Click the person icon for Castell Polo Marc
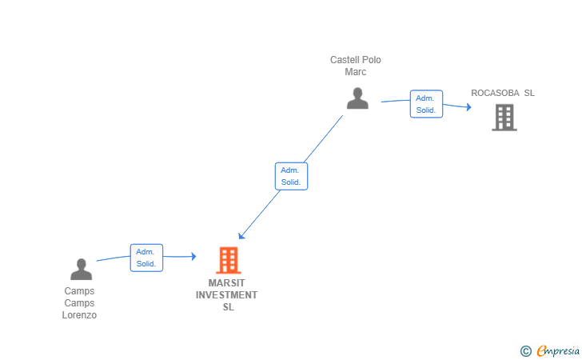coord(357,98)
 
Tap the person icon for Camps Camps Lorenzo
coord(82,269)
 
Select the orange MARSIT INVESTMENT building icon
coord(229,260)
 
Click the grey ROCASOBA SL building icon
coord(504,118)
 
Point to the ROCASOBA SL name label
coord(503,93)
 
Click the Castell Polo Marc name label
coord(356,66)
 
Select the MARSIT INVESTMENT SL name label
coord(227,295)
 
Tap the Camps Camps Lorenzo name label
coord(79,302)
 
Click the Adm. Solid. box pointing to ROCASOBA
coord(426,104)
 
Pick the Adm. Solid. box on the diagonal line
coord(291,176)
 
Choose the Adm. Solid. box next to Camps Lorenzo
coord(146,258)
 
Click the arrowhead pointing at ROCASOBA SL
coord(469,107)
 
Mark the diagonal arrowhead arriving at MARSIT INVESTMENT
coord(241,236)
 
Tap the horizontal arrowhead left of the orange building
coord(193,256)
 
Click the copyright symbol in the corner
coord(526,351)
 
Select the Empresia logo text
coord(558,350)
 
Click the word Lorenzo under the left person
coord(79,315)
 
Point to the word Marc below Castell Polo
coord(356,72)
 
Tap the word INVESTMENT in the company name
coord(227,295)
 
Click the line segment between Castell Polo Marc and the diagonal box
coord(323,139)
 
